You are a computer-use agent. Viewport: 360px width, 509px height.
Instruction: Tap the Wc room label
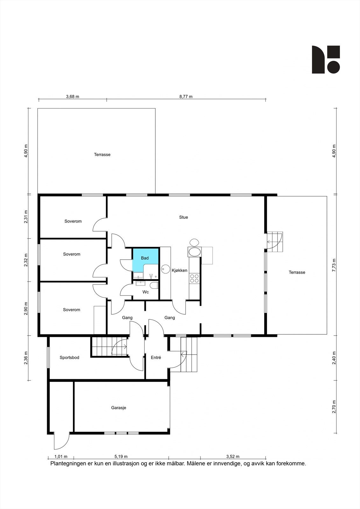[145, 292]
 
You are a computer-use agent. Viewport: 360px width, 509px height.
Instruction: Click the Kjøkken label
[180, 270]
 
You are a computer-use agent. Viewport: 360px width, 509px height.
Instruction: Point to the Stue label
[183, 217]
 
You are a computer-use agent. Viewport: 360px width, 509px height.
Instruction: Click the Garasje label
[118, 408]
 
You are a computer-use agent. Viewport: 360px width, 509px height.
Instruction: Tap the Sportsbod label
[69, 358]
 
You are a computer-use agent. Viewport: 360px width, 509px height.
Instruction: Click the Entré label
[156, 358]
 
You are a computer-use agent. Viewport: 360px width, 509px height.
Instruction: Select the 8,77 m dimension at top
[186, 97]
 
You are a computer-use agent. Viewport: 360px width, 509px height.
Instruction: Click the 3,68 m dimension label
[73, 97]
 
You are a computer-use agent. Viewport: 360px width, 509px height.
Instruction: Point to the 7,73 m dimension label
[334, 265]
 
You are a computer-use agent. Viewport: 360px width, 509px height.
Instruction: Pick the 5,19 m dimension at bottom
[121, 457]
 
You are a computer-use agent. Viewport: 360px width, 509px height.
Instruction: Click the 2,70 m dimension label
[334, 407]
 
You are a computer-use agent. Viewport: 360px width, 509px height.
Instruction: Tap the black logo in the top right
[326, 59]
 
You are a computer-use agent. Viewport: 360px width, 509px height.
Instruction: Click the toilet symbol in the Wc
[154, 285]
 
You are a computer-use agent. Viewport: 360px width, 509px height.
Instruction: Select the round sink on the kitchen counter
[165, 269]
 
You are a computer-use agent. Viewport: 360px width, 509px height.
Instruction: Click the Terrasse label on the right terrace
[297, 272]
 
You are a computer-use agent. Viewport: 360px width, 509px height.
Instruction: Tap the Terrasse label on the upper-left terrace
[102, 155]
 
